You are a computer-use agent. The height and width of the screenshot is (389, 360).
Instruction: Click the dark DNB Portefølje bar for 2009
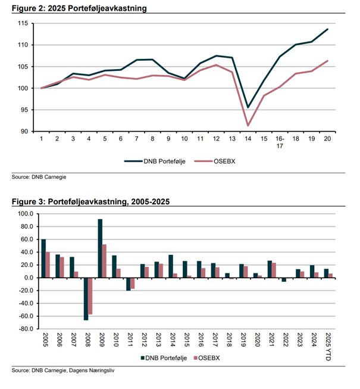tap(100, 248)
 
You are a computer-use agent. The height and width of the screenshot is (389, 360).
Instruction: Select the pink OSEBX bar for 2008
tap(90, 296)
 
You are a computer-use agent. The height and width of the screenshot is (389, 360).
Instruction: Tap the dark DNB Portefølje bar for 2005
tap(43, 259)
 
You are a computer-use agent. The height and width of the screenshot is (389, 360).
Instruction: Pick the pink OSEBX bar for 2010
tap(118, 273)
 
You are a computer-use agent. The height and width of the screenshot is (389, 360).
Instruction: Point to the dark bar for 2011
tap(129, 284)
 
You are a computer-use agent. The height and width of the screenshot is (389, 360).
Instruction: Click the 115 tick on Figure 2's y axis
tap(23, 24)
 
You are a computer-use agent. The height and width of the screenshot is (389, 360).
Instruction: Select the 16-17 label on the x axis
tap(280, 142)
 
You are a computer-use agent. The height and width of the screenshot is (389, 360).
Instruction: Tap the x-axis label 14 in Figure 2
tap(248, 139)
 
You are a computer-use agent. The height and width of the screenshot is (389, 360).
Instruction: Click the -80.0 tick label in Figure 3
tap(26, 329)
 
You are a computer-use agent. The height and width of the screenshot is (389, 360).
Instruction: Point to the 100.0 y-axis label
tap(26, 214)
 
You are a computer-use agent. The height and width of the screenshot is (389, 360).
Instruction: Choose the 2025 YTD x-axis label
tap(328, 347)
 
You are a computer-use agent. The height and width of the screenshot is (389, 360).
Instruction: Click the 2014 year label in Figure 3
tap(173, 340)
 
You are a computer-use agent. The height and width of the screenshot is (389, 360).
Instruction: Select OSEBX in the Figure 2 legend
tap(224, 161)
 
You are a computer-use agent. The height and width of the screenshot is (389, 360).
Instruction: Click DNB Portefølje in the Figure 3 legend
tap(166, 358)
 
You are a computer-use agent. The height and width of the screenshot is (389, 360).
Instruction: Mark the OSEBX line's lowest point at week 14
tap(248, 126)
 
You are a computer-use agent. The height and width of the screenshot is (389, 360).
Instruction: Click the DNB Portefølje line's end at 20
tap(327, 29)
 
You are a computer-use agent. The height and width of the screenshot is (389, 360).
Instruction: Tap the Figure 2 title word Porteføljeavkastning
tap(107, 8)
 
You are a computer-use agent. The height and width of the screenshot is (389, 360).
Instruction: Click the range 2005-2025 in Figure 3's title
tap(151, 201)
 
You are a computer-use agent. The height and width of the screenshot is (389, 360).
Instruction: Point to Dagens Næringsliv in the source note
tap(92, 371)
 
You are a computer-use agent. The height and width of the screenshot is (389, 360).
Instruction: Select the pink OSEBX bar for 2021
tap(274, 270)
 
